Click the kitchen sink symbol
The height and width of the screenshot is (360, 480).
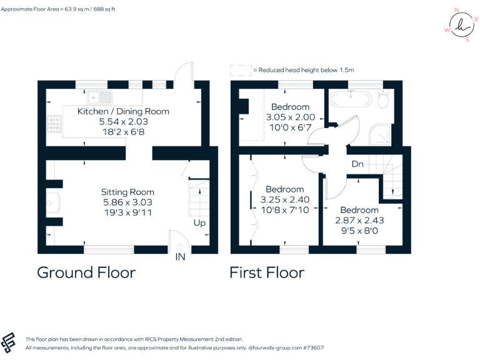point(100,97)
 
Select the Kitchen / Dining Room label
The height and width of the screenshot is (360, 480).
point(123,111)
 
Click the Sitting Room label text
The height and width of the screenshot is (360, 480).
point(127,192)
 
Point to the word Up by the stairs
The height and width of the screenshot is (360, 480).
point(199,223)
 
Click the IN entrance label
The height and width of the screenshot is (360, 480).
point(181,257)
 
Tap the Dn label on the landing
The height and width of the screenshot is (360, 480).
point(357,164)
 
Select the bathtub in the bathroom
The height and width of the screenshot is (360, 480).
point(350,98)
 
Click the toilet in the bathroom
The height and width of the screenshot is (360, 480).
point(384,98)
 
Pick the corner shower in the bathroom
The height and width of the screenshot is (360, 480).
point(379,133)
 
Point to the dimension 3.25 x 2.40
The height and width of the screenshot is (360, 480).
point(284,200)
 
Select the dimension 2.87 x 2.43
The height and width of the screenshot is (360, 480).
point(359,221)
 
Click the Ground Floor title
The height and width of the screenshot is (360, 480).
point(86,272)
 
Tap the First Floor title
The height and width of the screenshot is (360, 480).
point(267,272)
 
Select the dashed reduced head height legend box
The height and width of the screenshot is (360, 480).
point(239,70)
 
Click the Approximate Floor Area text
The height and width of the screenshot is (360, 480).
point(67,10)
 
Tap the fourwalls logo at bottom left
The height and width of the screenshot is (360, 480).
point(9,342)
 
